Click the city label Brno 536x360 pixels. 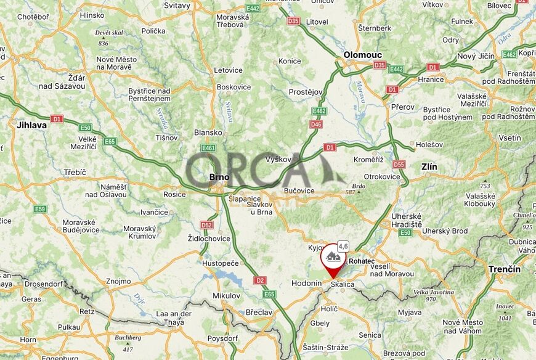point(219,178)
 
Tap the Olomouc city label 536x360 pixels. point(363,55)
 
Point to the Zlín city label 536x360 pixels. point(429,166)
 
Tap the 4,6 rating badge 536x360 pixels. point(343,246)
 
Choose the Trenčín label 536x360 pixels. point(505,269)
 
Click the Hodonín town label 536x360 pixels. point(306,284)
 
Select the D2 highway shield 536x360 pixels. point(260,280)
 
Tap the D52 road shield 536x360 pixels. point(206,225)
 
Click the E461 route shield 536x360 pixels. point(208,148)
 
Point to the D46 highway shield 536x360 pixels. point(316,124)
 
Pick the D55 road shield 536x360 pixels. point(399,165)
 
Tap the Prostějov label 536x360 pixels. point(306,92)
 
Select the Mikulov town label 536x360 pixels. point(226,296)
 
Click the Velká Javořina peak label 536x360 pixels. point(433,292)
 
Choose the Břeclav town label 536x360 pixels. point(259,313)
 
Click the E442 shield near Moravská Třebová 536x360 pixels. point(253,8)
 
